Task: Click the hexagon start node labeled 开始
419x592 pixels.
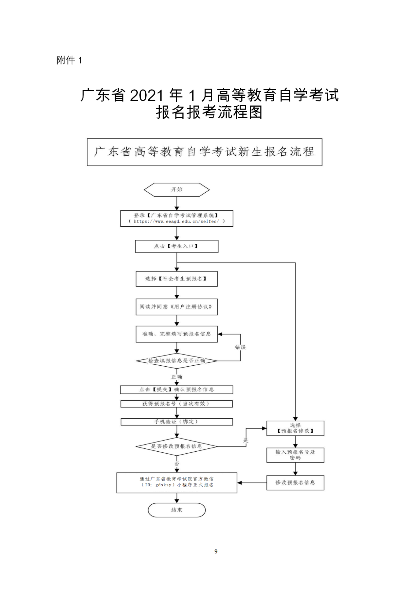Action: [x=177, y=190]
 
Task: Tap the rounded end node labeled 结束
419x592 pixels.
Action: [x=177, y=510]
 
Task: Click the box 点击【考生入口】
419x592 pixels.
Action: [x=177, y=246]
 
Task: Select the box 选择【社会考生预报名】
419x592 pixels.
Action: [x=177, y=279]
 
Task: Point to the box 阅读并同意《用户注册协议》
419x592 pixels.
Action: [x=177, y=307]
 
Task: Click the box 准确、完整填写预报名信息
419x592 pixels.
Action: [x=177, y=334]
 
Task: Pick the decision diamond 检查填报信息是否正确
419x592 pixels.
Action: [x=177, y=361]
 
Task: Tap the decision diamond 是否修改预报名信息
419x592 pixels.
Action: [x=177, y=446]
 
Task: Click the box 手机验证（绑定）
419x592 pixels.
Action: [x=177, y=422]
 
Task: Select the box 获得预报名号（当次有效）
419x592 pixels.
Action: [x=177, y=404]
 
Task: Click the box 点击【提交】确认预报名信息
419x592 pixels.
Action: [x=177, y=390]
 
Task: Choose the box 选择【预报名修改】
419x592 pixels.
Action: [x=295, y=428]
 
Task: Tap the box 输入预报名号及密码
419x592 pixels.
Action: [x=295, y=455]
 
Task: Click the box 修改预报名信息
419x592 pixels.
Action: [x=295, y=483]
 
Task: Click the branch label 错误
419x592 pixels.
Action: [x=240, y=347]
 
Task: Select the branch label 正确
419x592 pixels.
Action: [x=177, y=377]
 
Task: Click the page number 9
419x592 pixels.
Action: [x=216, y=551]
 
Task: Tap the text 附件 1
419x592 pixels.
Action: [x=69, y=60]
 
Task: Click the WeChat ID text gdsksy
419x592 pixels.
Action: [x=163, y=485]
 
